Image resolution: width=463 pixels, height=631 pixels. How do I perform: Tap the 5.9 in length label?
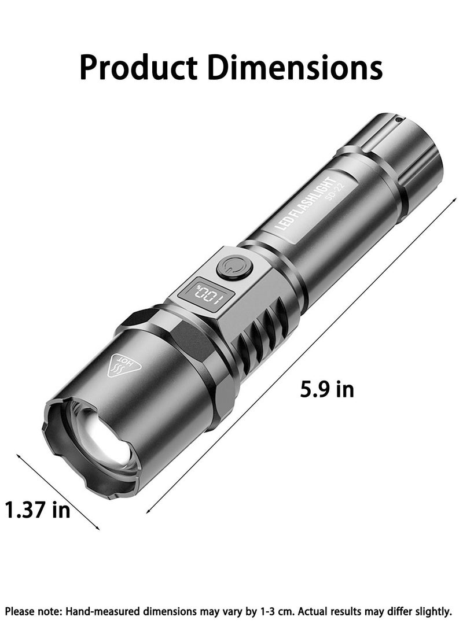pyautogui.click(x=326, y=389)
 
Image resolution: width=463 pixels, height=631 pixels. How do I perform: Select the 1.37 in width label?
pyautogui.click(x=38, y=510)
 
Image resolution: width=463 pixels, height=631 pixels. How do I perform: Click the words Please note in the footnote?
pyautogui.click(x=32, y=611)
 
